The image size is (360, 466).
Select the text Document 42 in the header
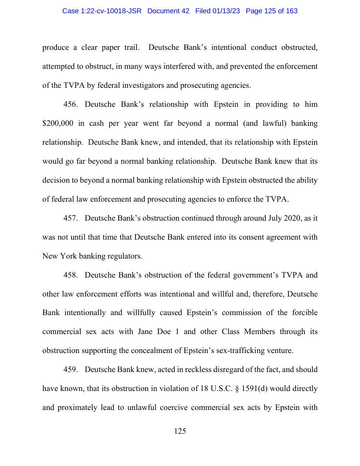(x=169, y=11)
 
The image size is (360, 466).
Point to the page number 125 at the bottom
(x=180, y=432)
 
